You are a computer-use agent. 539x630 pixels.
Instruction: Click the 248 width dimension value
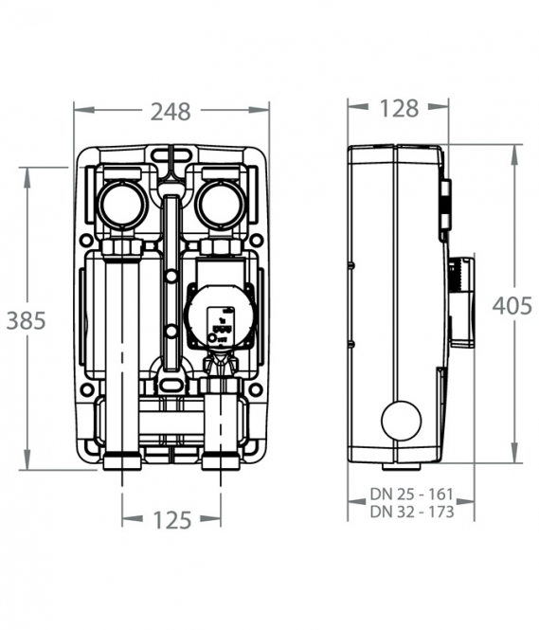pyautogui.click(x=171, y=112)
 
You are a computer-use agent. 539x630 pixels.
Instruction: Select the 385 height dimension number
pyautogui.click(x=27, y=320)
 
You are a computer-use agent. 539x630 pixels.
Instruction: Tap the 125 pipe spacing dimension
pyautogui.click(x=171, y=520)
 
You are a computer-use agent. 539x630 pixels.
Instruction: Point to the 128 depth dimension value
pyautogui.click(x=399, y=109)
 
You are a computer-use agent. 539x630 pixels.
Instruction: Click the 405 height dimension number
pyautogui.click(x=512, y=306)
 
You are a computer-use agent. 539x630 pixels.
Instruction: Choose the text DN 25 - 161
pyautogui.click(x=411, y=494)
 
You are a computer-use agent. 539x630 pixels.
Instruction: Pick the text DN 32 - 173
pyautogui.click(x=412, y=512)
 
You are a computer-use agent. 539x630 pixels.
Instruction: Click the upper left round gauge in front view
pyautogui.click(x=122, y=205)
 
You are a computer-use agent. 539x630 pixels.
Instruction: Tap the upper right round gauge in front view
pyautogui.click(x=222, y=205)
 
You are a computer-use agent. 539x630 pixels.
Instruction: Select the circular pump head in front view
pyautogui.click(x=220, y=316)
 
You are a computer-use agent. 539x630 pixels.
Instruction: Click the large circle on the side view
pyautogui.click(x=402, y=421)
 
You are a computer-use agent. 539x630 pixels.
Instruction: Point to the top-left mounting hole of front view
pyautogui.click(x=86, y=241)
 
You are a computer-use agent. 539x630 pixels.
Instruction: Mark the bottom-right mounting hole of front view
pyautogui.click(x=256, y=389)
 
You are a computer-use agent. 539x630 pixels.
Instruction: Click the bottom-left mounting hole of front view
pyautogui.click(x=86, y=389)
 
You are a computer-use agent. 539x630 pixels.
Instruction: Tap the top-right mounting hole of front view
pyautogui.click(x=256, y=241)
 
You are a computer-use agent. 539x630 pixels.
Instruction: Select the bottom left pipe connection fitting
pyautogui.click(x=122, y=461)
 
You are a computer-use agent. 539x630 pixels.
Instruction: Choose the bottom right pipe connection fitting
pyautogui.click(x=221, y=461)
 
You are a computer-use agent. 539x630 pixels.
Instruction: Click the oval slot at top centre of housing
pyautogui.click(x=171, y=153)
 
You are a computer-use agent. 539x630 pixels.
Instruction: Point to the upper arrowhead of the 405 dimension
pyautogui.click(x=514, y=154)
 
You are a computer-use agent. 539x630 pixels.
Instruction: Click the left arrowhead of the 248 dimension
pyautogui.click(x=83, y=110)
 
